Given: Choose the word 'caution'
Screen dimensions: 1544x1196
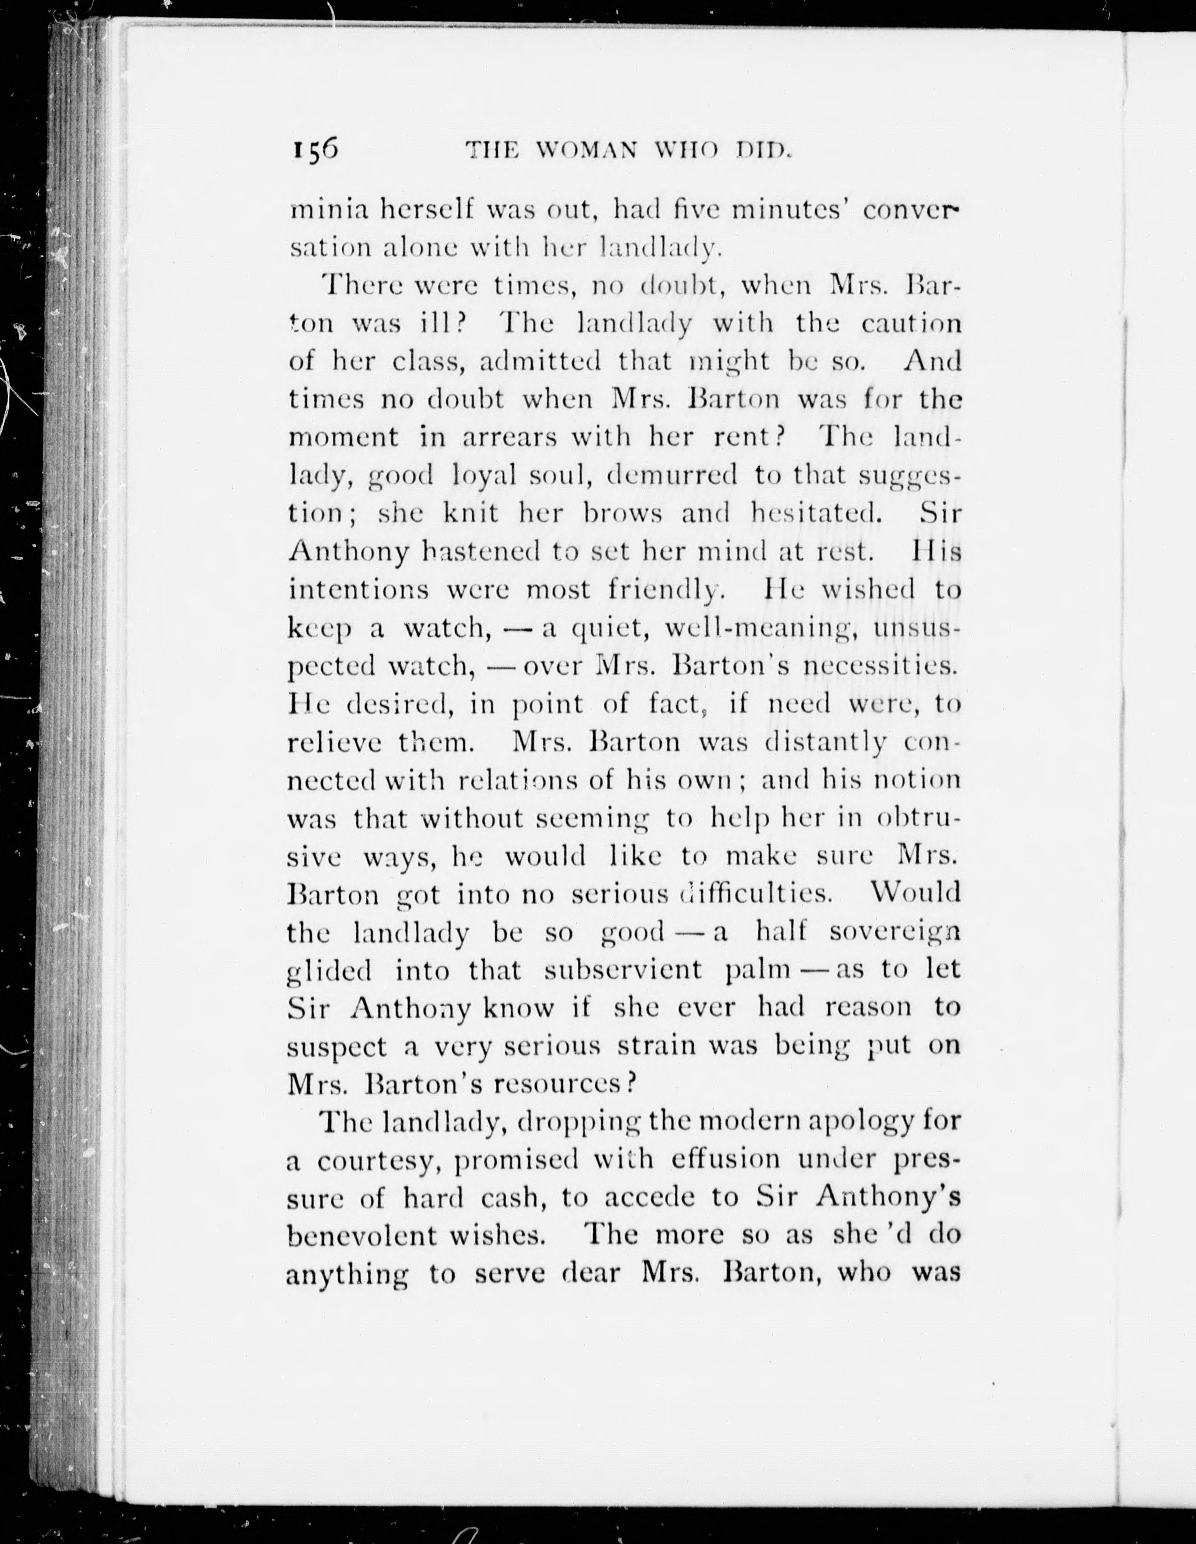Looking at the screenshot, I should click(911, 323).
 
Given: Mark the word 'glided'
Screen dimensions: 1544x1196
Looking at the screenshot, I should click(329, 971).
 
